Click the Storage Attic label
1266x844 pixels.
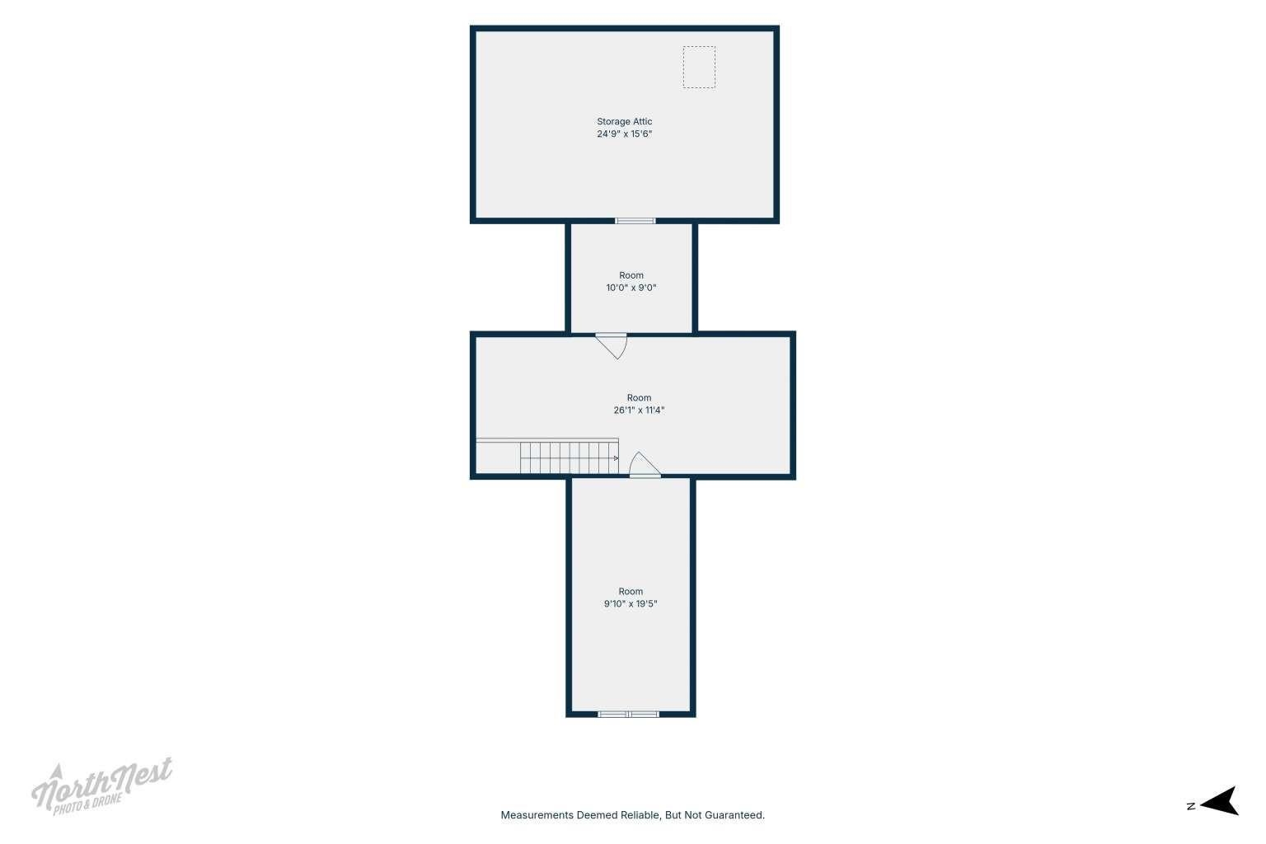[x=625, y=121]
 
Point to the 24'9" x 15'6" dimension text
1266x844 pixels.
[x=625, y=134]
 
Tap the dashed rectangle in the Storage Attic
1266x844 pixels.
[x=699, y=68]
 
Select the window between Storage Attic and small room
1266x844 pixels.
[x=635, y=221]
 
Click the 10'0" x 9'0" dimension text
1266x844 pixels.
[x=631, y=288]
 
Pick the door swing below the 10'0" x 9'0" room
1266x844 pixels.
[x=612, y=346]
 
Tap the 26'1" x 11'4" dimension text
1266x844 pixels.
[x=640, y=410]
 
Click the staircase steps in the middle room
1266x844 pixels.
[x=570, y=458]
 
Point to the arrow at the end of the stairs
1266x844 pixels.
[x=616, y=458]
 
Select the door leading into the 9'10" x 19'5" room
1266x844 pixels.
[x=645, y=465]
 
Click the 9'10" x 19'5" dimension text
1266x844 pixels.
[x=631, y=604]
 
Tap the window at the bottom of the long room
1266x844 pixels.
[x=629, y=715]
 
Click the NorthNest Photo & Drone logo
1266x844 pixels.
[x=101, y=786]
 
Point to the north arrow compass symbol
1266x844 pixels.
[x=1220, y=801]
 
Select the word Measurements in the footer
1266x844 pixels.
[x=537, y=815]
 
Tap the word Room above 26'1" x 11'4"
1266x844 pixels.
[x=640, y=398]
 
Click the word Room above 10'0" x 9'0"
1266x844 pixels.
[x=631, y=275]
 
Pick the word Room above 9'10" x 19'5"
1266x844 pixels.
[x=631, y=591]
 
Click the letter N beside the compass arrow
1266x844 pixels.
[x=1191, y=806]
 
